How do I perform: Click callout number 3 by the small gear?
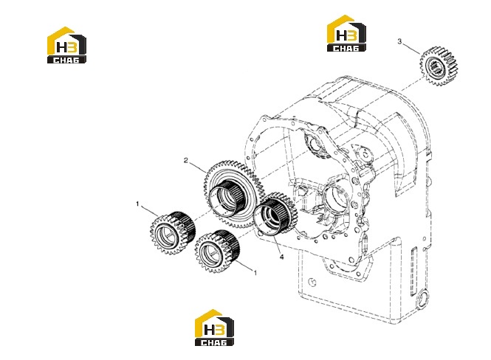click(399, 41)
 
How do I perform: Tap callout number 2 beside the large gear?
click(185, 161)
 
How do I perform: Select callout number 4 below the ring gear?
click(281, 257)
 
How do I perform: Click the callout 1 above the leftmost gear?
click(137, 204)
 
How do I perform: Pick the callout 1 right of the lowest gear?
click(255, 273)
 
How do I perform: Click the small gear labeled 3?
click(439, 66)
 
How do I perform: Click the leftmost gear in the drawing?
click(173, 232)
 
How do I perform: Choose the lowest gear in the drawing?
click(217, 251)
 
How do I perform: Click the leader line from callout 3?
click(411, 49)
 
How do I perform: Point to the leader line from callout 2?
click(198, 167)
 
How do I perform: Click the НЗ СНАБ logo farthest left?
click(66, 45)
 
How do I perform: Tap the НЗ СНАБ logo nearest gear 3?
click(346, 33)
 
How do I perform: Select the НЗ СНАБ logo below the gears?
click(214, 328)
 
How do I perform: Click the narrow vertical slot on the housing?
click(414, 271)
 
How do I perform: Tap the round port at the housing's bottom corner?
click(423, 300)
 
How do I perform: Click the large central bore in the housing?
click(334, 196)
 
